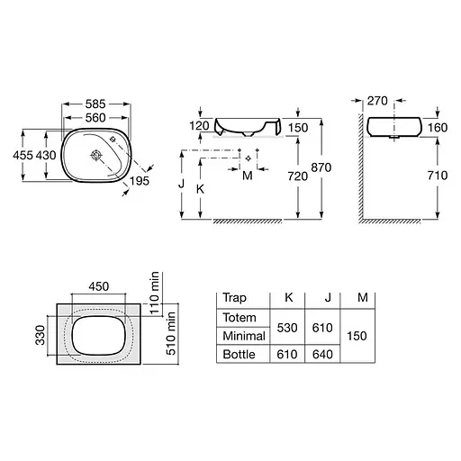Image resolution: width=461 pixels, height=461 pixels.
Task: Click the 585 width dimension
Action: pyautogui.click(x=95, y=104)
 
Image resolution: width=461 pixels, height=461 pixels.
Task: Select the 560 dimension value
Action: pyautogui.click(x=95, y=118)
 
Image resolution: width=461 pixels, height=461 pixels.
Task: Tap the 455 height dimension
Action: pyautogui.click(x=23, y=156)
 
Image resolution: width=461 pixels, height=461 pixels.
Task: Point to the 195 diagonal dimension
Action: pyautogui.click(x=140, y=181)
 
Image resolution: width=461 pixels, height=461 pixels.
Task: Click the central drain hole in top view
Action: pyautogui.click(x=96, y=155)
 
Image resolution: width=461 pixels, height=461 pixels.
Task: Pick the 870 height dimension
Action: pyautogui.click(x=321, y=167)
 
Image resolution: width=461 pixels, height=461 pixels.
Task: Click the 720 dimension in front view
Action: pyautogui.click(x=298, y=176)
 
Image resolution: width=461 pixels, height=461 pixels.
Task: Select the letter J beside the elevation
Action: pyautogui.click(x=181, y=184)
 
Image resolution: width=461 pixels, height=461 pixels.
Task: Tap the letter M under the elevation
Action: pyautogui.click(x=248, y=176)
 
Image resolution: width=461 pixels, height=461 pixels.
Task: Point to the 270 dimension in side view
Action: pyautogui.click(x=377, y=101)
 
